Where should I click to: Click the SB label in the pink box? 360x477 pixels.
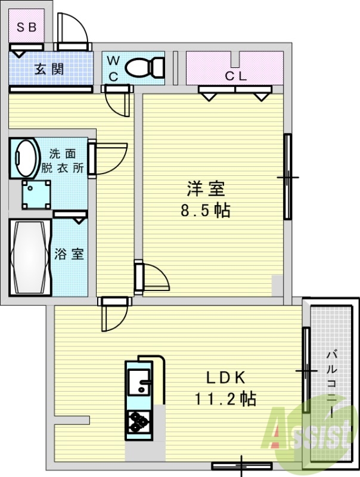(26, 27)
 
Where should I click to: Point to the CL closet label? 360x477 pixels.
(235, 76)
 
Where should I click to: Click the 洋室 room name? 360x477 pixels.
(206, 189)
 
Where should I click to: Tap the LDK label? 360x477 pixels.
(226, 377)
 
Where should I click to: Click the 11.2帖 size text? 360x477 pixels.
(225, 398)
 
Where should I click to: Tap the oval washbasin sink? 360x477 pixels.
(24, 156)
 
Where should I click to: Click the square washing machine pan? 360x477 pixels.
(36, 193)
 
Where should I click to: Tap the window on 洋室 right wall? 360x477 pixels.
(287, 177)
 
